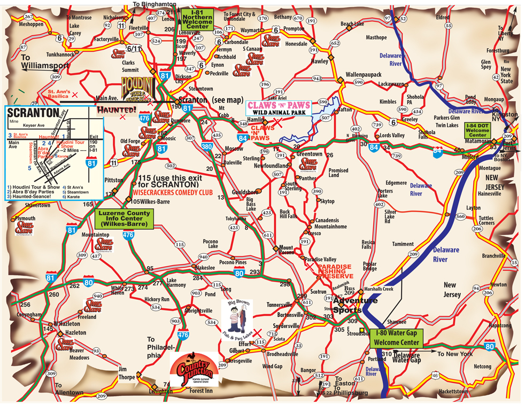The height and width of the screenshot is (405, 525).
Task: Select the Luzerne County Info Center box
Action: (124, 219)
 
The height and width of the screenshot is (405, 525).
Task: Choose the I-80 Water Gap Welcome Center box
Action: (396, 338)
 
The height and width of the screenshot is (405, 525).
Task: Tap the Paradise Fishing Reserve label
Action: (334, 270)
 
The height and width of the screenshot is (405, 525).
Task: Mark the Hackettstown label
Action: (458, 392)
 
